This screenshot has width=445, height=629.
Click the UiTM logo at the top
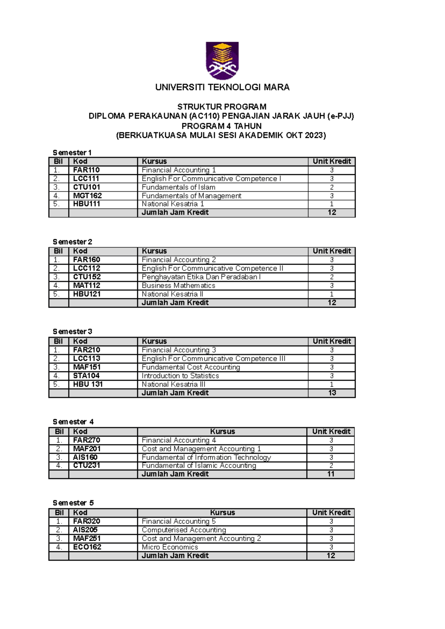tap(222, 60)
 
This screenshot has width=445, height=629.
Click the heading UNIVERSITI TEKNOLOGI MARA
tap(222, 87)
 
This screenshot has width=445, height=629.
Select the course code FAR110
tap(86, 170)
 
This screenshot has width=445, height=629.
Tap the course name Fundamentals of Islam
tap(178, 187)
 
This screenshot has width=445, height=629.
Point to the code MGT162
tap(88, 196)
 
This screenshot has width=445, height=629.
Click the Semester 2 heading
tap(72, 242)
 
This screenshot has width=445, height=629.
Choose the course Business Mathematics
tap(178, 285)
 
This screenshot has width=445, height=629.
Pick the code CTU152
tap(87, 277)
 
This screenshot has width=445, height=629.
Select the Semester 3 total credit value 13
tap(332, 393)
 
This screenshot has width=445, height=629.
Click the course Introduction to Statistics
tap(180, 376)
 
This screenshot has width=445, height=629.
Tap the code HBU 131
tap(88, 384)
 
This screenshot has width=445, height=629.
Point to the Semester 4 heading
tap(73, 422)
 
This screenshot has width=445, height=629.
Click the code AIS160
tap(85, 457)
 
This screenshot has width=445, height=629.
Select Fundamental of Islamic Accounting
tap(199, 466)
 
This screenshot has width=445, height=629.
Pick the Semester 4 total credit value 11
tap(331, 474)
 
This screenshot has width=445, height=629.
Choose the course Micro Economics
tap(170, 547)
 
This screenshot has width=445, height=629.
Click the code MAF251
tap(87, 539)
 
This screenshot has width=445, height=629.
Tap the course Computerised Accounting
tap(184, 530)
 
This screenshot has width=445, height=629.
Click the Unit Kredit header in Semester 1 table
tap(332, 161)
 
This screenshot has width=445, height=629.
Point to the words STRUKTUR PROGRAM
tap(222, 107)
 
